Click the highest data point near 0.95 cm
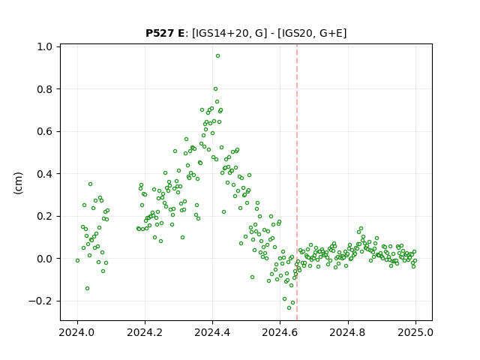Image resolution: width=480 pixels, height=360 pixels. pos(217,56)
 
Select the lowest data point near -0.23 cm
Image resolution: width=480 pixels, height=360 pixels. pos(289,308)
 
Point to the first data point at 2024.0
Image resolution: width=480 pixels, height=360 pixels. pos(77,260)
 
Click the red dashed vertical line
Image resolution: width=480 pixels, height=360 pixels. pos(297,182)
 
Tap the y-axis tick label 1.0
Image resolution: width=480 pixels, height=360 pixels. pos(45,46)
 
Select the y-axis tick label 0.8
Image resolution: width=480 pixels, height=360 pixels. pos(45,89)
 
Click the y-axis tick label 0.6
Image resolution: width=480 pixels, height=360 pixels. pos(45,132)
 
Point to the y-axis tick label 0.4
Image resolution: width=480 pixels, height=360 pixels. pos(45,174)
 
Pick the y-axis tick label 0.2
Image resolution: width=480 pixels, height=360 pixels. pos(45,217)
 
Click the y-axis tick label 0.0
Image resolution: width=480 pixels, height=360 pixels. pos(45,259)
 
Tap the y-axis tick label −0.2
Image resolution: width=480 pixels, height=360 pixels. pos(40,301)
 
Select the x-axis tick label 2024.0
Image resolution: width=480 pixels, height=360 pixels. pos(77,332)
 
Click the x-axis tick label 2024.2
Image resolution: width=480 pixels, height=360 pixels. pos(145,332)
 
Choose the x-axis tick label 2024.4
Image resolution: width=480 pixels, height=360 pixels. pos(212,332)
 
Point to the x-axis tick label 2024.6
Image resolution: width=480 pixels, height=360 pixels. pos(280,332)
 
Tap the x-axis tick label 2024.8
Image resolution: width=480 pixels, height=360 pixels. pos(347,332)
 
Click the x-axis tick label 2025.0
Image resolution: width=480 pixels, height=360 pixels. pos(415,332)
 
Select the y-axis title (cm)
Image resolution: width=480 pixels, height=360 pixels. pos(18,183)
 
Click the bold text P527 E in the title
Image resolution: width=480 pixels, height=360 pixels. pos(165,33)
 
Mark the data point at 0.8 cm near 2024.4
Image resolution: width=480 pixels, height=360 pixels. pos(215,89)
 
